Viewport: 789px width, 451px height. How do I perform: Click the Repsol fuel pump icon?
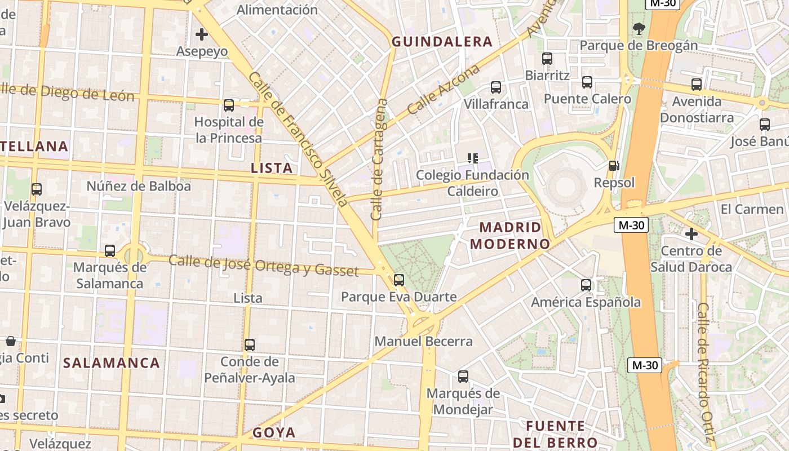click(x=614, y=166)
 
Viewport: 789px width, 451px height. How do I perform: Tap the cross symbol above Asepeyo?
click(x=202, y=35)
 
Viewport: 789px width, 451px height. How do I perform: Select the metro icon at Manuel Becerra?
click(x=399, y=280)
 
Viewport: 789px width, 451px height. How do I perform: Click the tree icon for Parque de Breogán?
click(x=639, y=28)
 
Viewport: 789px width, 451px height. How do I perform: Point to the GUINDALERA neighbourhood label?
click(x=442, y=42)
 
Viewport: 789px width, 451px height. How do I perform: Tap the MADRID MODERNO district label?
click(x=510, y=236)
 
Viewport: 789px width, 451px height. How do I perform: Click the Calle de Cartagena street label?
click(x=379, y=160)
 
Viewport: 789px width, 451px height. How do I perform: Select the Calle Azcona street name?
click(x=444, y=89)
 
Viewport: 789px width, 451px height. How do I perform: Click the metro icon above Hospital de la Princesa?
click(x=229, y=105)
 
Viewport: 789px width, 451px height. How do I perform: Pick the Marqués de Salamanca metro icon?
click(x=110, y=251)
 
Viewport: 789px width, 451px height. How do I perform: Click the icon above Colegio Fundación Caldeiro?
click(x=473, y=158)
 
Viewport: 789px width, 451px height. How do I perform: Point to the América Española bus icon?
click(x=586, y=285)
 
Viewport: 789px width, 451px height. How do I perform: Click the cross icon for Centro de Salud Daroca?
click(x=692, y=234)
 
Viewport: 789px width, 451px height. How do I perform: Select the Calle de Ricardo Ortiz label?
click(x=706, y=372)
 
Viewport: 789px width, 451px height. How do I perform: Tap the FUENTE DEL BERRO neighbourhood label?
click(x=555, y=434)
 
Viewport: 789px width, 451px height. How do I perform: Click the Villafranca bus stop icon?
click(x=496, y=87)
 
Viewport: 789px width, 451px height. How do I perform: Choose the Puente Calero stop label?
click(x=587, y=99)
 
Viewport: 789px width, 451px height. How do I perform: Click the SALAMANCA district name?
click(x=112, y=363)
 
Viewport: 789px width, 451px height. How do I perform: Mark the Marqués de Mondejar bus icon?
click(x=463, y=377)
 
